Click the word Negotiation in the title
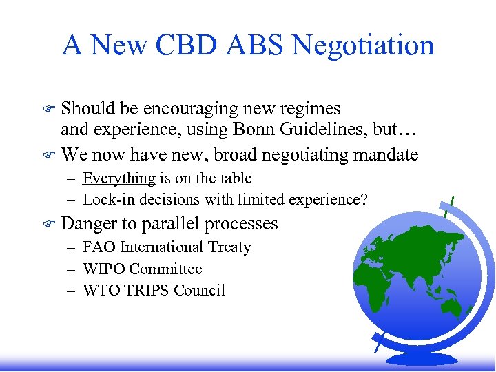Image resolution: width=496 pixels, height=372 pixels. click(x=363, y=45)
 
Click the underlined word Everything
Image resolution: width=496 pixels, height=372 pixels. click(x=118, y=178)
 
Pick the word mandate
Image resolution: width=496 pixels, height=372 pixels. click(x=385, y=154)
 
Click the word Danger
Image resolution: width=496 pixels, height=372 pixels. click(x=90, y=224)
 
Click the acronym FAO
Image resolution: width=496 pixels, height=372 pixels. click(x=98, y=247)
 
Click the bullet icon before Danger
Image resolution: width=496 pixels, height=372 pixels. click(x=48, y=224)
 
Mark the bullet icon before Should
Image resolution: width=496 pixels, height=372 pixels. click(x=48, y=109)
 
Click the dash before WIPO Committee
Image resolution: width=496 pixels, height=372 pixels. click(x=71, y=269)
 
